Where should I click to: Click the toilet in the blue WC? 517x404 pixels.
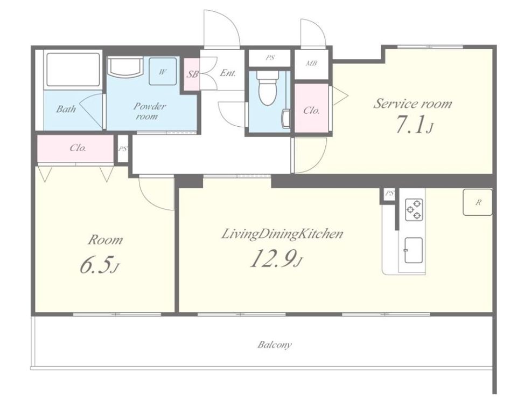pos(268,87)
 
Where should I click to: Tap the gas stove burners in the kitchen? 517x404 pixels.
pos(414,209)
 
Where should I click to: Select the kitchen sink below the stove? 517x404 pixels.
pos(414,250)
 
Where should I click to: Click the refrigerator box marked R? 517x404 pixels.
pos(478,202)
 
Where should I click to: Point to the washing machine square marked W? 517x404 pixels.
pos(162,71)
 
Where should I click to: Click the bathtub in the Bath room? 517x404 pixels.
pos(73,70)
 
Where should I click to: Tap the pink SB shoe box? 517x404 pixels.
pos(192,74)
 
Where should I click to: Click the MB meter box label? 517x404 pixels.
pos(311,63)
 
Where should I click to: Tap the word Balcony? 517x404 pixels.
pos(275,345)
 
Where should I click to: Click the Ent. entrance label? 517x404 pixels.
pos(228,73)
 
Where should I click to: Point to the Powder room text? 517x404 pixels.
pos(149,111)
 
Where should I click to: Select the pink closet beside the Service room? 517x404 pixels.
pos(312,108)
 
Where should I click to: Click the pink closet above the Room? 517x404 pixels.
pos(76,148)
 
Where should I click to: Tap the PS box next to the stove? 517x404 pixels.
pos(389,193)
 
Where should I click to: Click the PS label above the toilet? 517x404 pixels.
pos(270,58)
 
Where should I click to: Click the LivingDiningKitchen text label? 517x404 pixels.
pos(282,234)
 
